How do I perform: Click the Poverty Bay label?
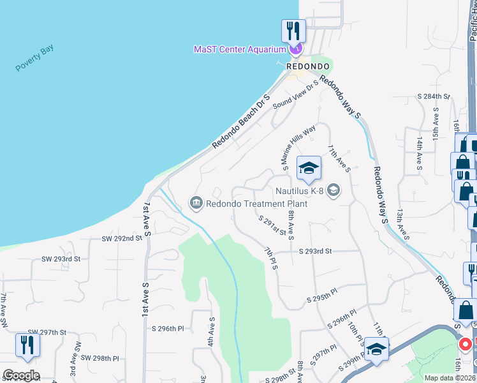pos(35,58)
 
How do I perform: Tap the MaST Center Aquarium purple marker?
pos(295,49)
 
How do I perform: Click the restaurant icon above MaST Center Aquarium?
pos(294,30)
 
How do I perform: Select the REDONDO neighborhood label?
pos(308,66)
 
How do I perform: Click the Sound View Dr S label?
pos(295,96)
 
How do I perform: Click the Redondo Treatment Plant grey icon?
pos(196,204)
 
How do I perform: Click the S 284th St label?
pos(434,96)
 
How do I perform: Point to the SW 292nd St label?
pos(121,238)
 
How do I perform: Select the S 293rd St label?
pos(316,252)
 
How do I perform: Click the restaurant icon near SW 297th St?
pos(28,345)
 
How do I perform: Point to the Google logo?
pos(21,375)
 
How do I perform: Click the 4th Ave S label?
pos(211,333)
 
